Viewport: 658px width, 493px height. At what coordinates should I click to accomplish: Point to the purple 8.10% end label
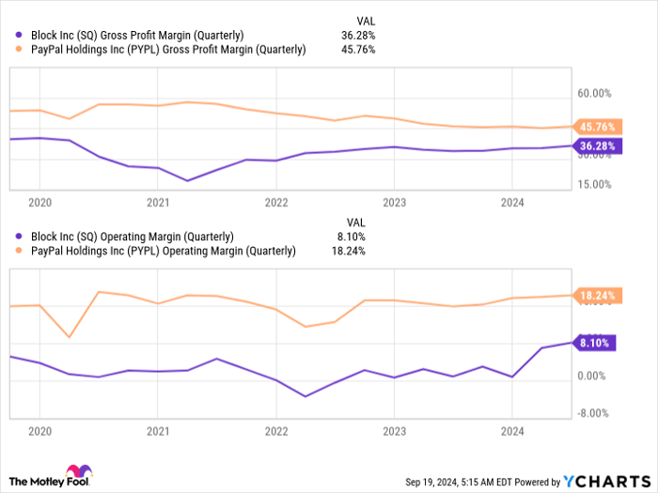coord(593,344)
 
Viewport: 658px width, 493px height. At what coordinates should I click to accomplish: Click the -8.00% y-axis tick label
coord(592,412)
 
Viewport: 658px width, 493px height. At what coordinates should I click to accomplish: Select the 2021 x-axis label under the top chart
coord(157,202)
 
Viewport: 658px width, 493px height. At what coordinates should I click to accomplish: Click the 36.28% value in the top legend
coord(358,35)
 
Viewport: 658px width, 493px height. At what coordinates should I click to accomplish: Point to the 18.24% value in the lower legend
coord(350,252)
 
